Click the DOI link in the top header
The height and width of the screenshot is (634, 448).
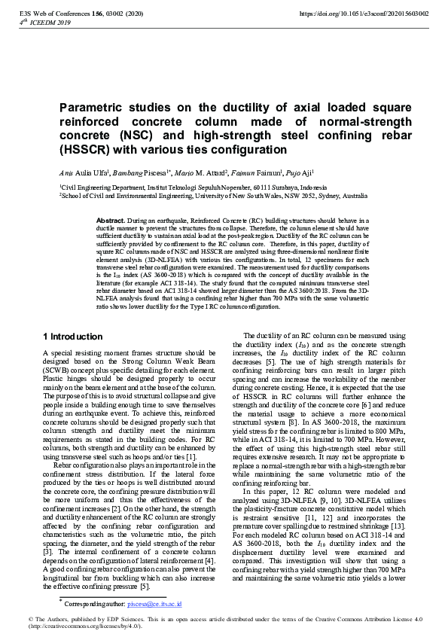(364, 14)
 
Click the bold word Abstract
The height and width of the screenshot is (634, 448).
(110, 219)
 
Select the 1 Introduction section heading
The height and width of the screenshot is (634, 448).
(73, 337)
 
